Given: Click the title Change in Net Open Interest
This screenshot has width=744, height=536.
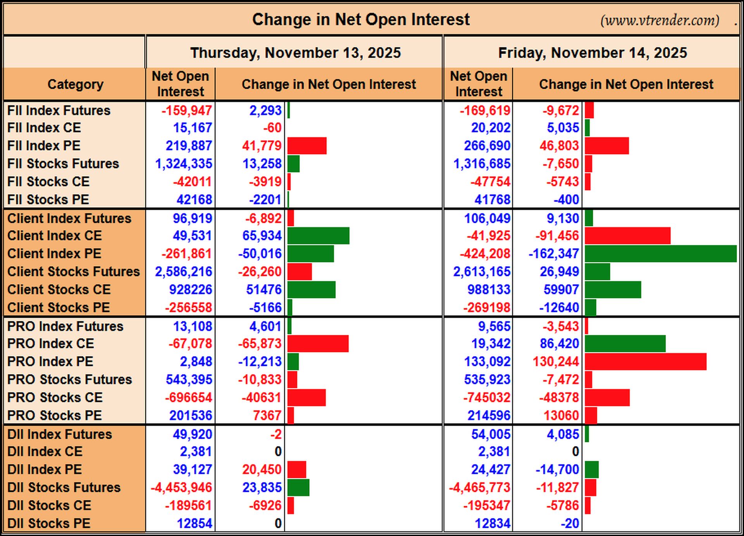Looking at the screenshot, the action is pos(361,19).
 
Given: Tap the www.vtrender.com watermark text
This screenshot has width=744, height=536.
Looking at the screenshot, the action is pos(660,20).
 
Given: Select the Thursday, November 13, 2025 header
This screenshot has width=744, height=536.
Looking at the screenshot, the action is pos(295,53).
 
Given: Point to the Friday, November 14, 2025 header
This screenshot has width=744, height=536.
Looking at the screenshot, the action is pos(592,53).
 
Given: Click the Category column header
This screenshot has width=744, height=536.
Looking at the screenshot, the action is pos(76,84).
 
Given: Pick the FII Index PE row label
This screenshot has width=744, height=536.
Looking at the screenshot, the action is pos(44,146).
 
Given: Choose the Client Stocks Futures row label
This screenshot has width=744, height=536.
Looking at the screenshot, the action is pos(74,272).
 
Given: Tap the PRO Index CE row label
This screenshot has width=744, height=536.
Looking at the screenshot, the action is pos(50,344).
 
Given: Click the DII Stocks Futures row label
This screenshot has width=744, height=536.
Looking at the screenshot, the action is pos(64,488).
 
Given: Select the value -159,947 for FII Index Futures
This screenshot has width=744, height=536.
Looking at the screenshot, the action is pos(187,111).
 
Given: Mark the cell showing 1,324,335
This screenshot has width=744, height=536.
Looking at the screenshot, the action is pos(184,164).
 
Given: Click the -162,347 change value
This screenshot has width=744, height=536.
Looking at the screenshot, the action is pos(554,254).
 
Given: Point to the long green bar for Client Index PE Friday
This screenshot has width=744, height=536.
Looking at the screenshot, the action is pos(661,254).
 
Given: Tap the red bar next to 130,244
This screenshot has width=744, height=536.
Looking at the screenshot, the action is pos(646,362).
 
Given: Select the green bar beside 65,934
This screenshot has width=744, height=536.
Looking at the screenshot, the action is pos(319,236).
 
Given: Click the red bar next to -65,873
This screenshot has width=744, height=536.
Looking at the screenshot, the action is pos(318,344).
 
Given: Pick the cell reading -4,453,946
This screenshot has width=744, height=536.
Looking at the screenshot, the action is pos(181,488).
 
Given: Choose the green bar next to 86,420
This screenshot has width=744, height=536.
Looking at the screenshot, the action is pos(625,344).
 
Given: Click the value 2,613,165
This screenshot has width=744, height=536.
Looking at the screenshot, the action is pos(482,272).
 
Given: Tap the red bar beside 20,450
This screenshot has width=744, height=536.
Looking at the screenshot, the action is pos(297,470).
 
